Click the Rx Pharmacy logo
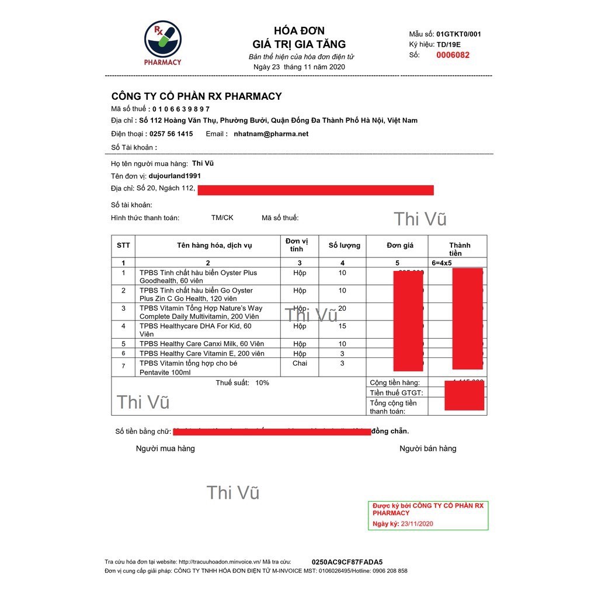tap(163, 42)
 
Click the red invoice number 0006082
tap(453, 55)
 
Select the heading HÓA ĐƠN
tap(299, 31)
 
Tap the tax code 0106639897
tap(181, 109)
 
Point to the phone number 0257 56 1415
tap(171, 134)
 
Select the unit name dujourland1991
tap(175, 176)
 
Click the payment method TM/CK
tap(222, 218)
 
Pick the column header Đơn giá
tap(400, 245)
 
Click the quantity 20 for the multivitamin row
tap(342, 308)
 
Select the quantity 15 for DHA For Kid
tap(342, 326)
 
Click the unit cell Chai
tap(300, 363)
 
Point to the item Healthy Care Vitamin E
tap(201, 354)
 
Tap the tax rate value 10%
tap(262, 383)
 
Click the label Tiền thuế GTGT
tap(397, 393)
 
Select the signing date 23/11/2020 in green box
tap(416, 524)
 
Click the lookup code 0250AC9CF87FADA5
tap(347, 562)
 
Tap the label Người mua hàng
tap(165, 448)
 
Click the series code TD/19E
tap(448, 44)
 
